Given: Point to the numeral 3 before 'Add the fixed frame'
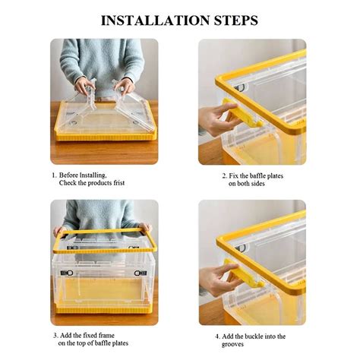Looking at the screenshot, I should pyautogui.click(x=55, y=336).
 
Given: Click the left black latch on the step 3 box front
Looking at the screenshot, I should pyautogui.click(x=68, y=273).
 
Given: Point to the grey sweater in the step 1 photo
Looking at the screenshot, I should pyautogui.click(x=104, y=57).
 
